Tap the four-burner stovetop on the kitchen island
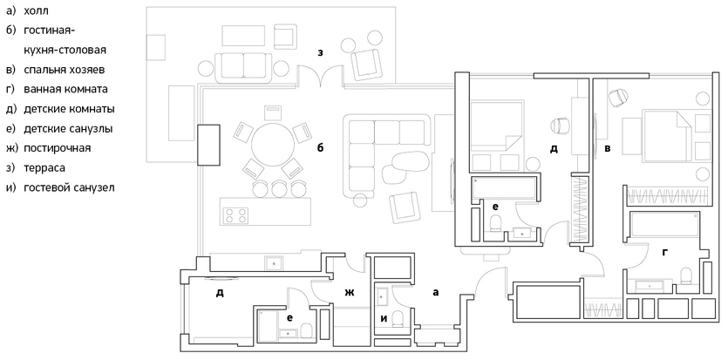[x=236, y=215]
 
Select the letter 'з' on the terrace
[x=320, y=52]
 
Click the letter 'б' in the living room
[x=320, y=147]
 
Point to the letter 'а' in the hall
[x=435, y=292]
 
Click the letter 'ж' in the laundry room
[x=349, y=292]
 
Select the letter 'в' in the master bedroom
[x=608, y=148]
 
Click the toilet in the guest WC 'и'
[x=398, y=319]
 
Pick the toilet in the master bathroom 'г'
[x=686, y=276]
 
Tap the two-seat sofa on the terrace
[x=243, y=66]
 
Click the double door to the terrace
[x=320, y=77]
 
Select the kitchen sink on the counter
[x=274, y=263]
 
